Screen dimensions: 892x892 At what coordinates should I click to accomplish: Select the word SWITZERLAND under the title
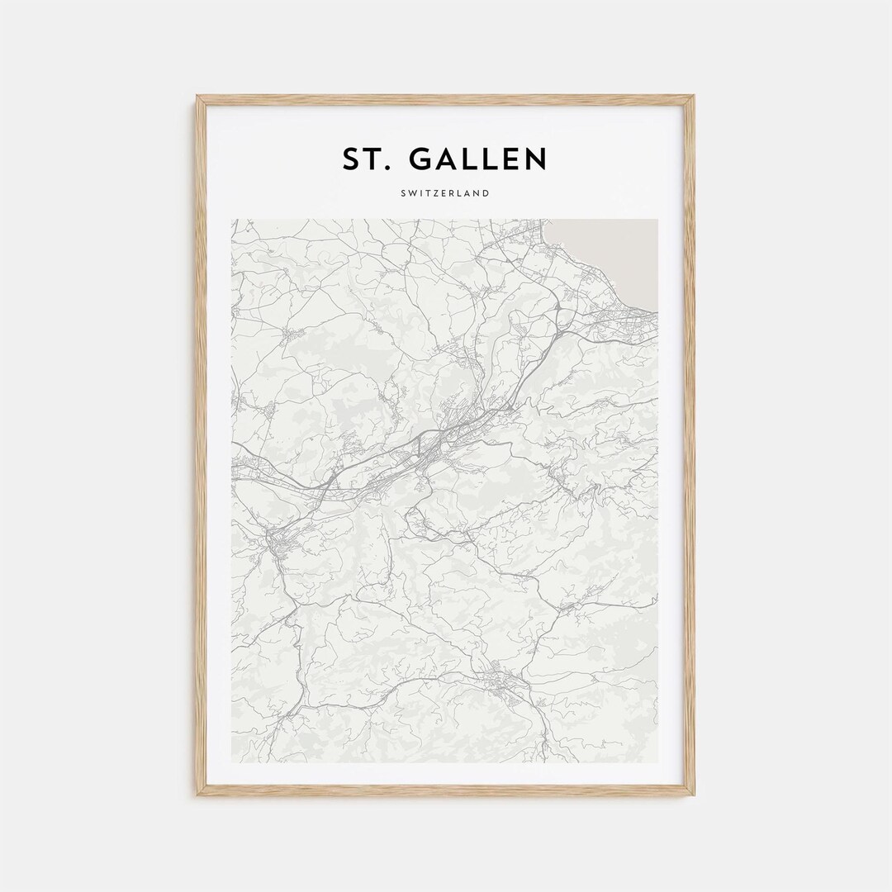446,193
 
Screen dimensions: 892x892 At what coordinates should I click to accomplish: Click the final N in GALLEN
534,159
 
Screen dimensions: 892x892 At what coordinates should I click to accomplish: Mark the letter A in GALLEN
444,159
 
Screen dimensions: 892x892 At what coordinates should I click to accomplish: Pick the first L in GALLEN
467,159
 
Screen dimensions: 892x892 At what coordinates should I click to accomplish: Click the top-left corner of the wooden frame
198,97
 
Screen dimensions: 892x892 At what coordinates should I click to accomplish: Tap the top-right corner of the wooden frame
693,97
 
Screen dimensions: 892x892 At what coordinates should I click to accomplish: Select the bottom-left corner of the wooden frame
198,794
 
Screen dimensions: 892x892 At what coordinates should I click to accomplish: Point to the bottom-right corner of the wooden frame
693,794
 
